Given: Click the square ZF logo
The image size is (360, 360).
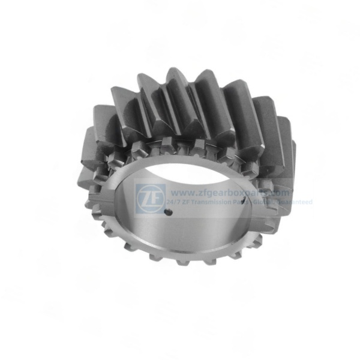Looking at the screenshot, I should pyautogui.click(x=151, y=197).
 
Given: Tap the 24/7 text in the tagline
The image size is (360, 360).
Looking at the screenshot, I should pyautogui.click(x=178, y=203).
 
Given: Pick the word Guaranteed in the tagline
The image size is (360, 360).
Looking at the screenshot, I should pyautogui.click(x=296, y=203).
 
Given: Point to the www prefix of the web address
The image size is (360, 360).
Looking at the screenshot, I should pyautogui.click(x=179, y=193).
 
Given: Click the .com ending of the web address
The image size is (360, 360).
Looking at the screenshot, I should pyautogui.click(x=280, y=193).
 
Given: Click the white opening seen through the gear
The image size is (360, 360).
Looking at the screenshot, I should pyautogui.click(x=180, y=174).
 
